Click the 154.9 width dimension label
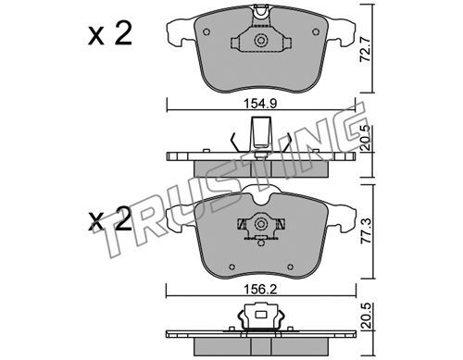[261, 104]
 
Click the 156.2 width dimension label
[261, 290]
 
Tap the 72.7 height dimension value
[365, 50]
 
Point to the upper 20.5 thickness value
[366, 138]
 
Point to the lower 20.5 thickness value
[366, 316]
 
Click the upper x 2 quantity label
[110, 34]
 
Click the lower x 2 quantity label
[110, 221]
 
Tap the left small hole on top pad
[206, 31]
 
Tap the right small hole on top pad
[316, 31]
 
